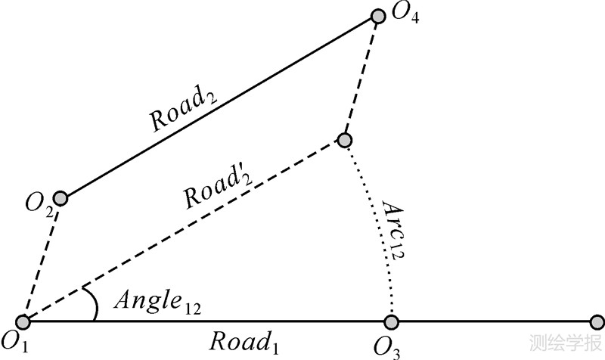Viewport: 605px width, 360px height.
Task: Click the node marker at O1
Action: coord(23,322)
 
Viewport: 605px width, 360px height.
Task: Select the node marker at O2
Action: coord(60,199)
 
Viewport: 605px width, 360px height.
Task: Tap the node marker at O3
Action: coord(390,322)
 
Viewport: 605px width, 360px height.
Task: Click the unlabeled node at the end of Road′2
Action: coord(344,140)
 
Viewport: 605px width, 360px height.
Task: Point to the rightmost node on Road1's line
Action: coord(597,322)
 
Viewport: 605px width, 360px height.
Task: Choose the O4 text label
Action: coord(404,16)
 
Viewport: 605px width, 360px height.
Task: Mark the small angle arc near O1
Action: coord(93,304)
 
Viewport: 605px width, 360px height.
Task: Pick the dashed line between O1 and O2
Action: coord(42,261)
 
